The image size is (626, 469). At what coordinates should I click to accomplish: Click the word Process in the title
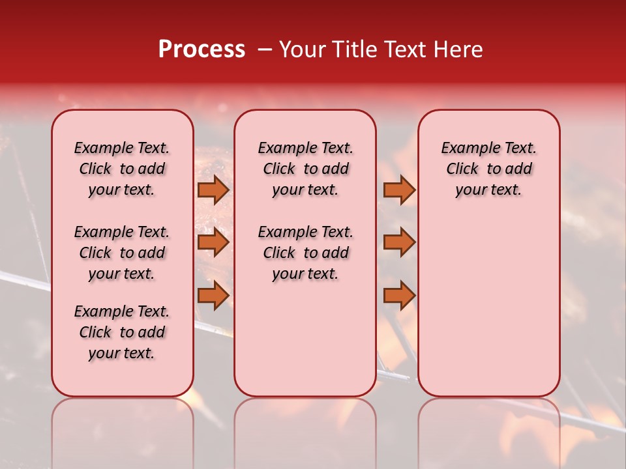tap(201, 50)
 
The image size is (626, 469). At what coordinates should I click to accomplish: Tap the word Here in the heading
tap(459, 50)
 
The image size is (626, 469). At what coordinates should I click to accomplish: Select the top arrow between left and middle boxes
tap(213, 190)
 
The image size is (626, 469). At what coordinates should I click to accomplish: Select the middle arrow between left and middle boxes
tap(213, 243)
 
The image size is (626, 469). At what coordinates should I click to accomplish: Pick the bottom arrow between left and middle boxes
tap(213, 296)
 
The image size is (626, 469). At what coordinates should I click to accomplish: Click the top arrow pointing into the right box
tap(399, 190)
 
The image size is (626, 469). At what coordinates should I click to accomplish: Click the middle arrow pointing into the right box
tap(399, 243)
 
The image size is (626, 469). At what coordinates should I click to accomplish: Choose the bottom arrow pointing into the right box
tap(399, 296)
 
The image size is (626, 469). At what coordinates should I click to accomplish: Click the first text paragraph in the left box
tap(122, 169)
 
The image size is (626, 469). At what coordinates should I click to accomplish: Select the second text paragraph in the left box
tap(122, 253)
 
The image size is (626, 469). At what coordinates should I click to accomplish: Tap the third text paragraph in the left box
tap(122, 332)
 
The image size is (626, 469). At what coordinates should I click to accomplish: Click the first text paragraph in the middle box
tap(305, 169)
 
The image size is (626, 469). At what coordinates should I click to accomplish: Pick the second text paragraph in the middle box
tap(305, 253)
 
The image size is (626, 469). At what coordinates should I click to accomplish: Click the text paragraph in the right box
tap(488, 169)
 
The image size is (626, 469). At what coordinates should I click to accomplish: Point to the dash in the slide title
tap(265, 50)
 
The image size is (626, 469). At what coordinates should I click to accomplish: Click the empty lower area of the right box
tap(488, 306)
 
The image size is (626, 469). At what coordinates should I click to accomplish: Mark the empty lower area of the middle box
tap(305, 339)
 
